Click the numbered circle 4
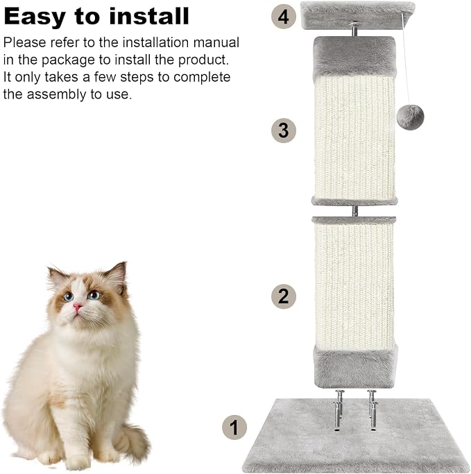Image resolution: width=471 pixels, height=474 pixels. [284, 17]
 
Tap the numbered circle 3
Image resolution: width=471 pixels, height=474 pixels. [284, 130]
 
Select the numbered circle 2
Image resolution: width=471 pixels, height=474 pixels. [284, 296]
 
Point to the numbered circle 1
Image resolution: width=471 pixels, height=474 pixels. [234, 428]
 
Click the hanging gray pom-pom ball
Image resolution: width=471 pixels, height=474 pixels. [410, 117]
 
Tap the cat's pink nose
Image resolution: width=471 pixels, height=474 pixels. [78, 307]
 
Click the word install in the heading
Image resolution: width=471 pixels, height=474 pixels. [149, 16]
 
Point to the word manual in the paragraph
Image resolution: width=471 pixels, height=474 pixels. [216, 42]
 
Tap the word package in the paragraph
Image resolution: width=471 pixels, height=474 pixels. [68, 60]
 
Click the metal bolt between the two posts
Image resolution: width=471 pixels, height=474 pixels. [355, 211]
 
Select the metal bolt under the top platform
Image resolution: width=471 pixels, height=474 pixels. [354, 29]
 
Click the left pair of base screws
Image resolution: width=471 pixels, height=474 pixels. [339, 409]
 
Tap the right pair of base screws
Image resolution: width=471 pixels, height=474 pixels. [372, 409]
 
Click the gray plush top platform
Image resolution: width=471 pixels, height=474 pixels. [358, 15]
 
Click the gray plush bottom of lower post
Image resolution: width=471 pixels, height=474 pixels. [355, 366]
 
